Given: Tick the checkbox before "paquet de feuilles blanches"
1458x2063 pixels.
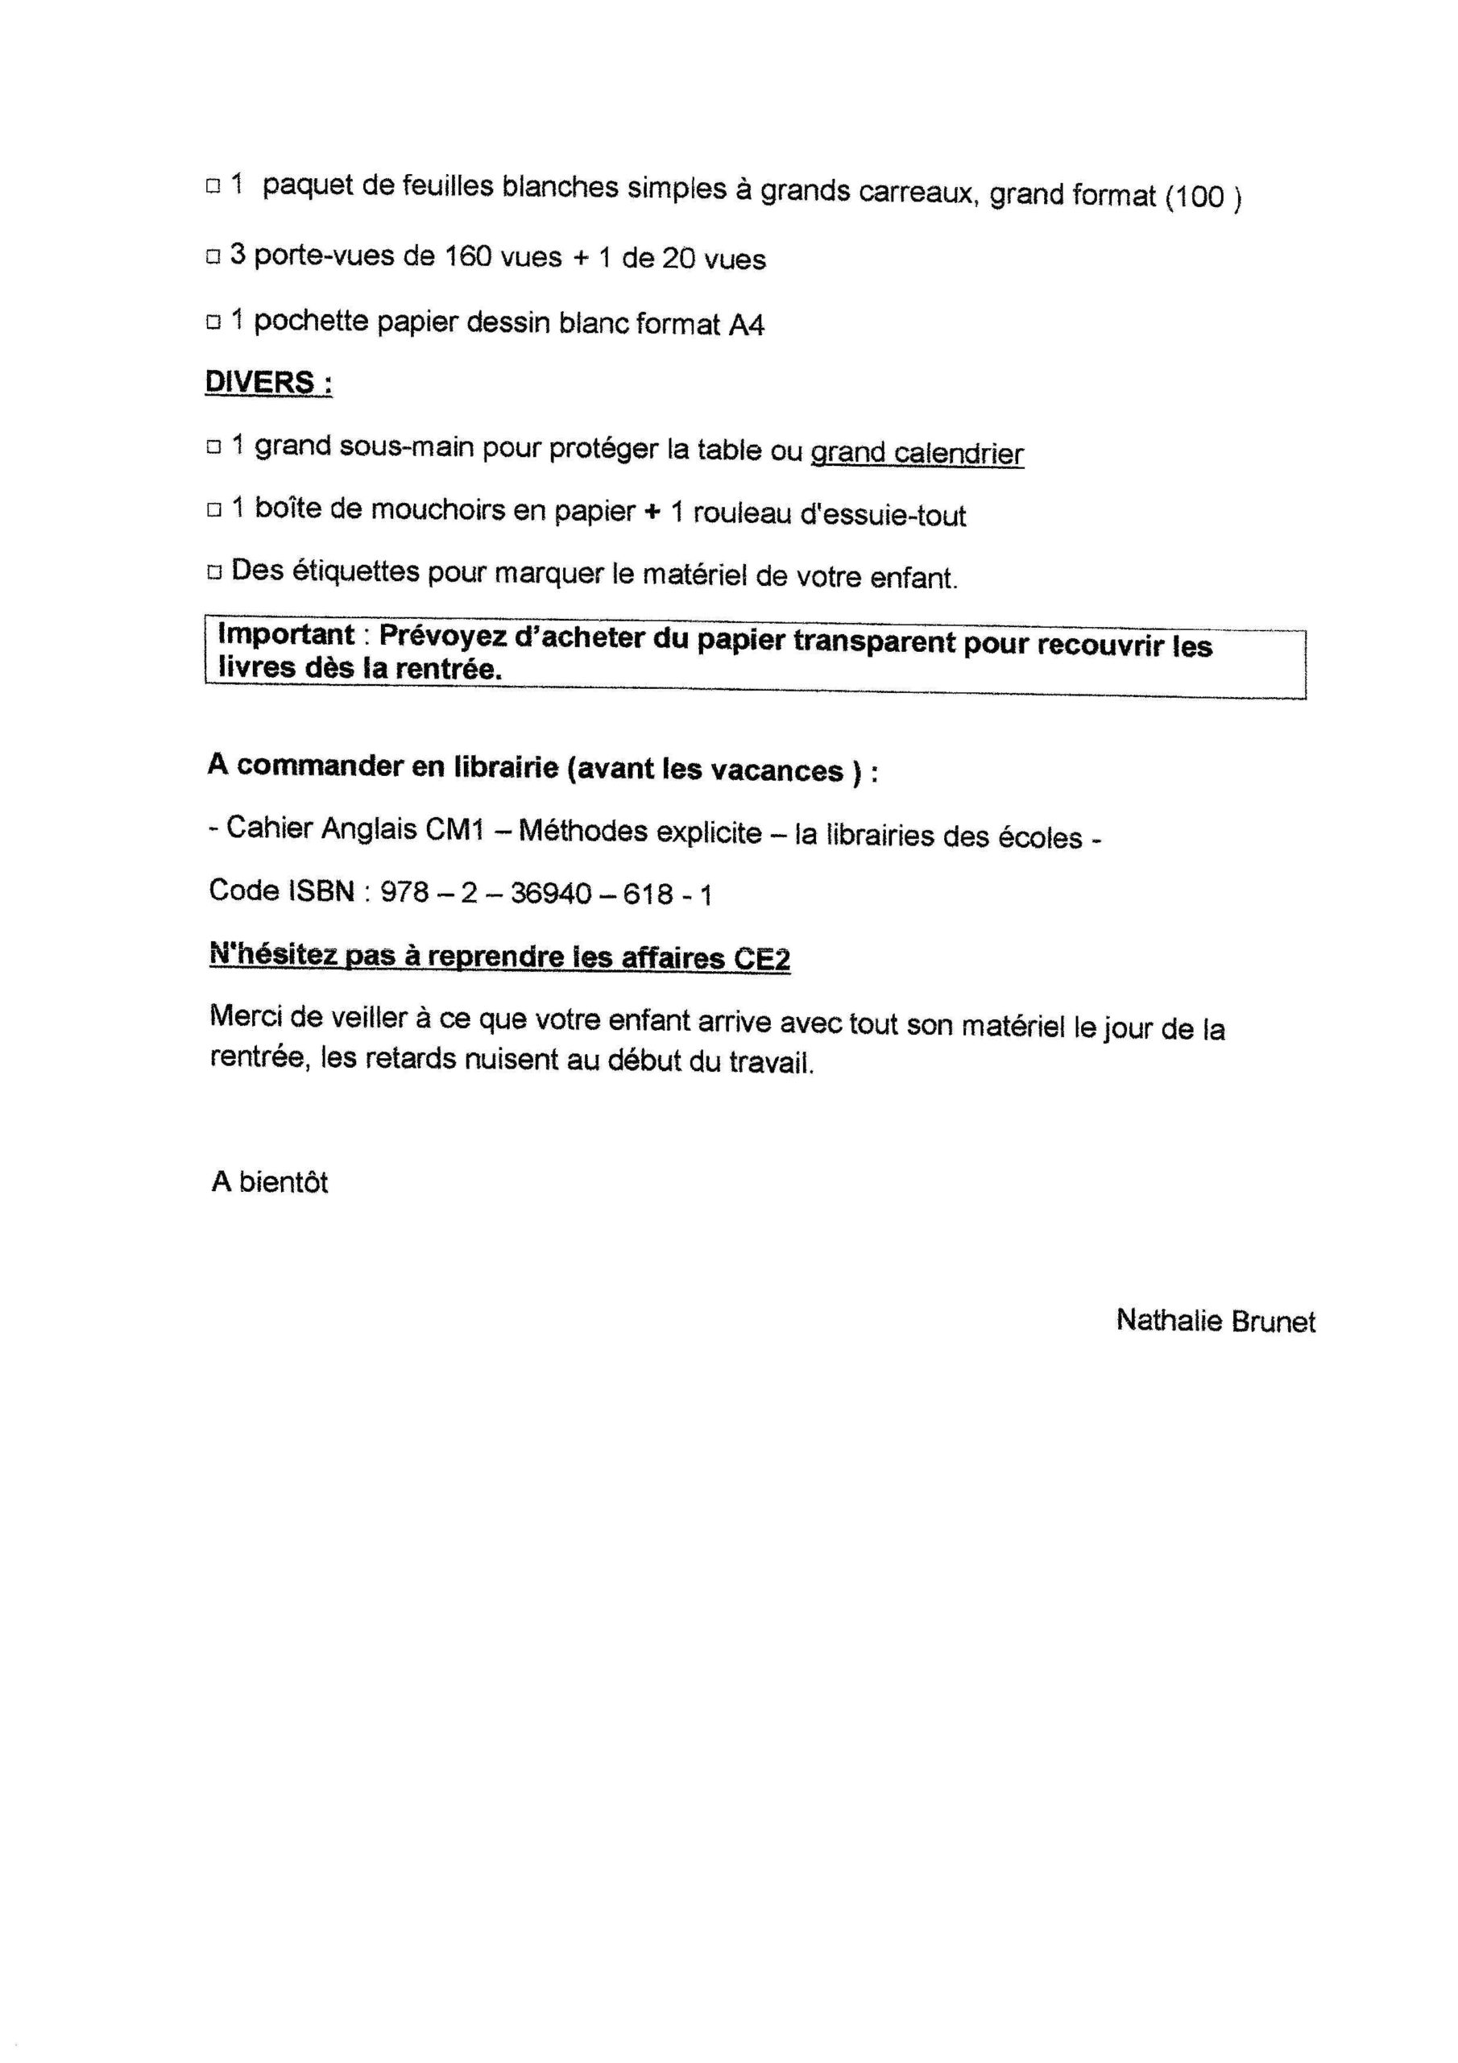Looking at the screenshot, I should coord(213,187).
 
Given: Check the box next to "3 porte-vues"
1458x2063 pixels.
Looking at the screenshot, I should coord(213,257).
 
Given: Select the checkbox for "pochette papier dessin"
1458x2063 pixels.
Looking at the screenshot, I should coord(213,322).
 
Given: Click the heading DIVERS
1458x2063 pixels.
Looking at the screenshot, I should coord(267,382).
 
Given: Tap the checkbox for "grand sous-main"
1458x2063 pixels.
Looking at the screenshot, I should coord(213,446).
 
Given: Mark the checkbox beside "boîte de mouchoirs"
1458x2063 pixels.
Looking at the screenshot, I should coord(213,509).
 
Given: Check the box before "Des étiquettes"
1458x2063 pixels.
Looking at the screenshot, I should coord(213,571).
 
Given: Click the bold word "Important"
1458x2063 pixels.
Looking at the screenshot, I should coord(286,634).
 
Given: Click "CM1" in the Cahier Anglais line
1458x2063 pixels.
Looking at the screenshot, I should coord(454,830).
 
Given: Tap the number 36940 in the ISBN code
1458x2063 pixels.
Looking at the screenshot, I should coord(551,894).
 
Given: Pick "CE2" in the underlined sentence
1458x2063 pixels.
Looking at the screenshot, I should coord(762,959).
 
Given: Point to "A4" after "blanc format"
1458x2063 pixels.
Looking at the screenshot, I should coord(746,326).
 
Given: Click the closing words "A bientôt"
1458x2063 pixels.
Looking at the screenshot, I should coord(270,1181).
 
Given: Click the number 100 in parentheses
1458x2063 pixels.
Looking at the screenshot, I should coord(1201,197).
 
